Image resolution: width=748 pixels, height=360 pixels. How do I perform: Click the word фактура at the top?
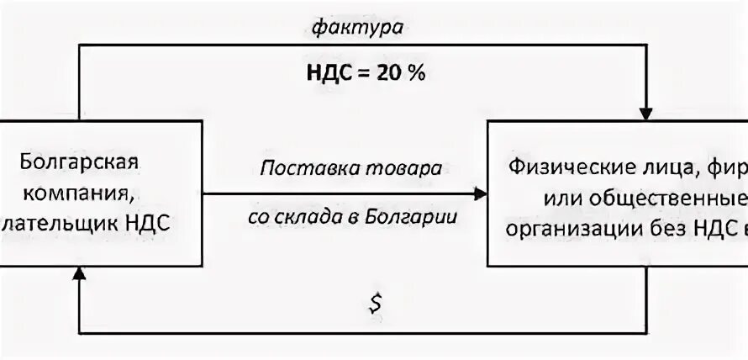pos(358,28)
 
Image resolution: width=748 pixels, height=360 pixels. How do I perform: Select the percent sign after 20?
pos(417,72)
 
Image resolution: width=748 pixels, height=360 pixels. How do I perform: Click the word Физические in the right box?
pos(567,166)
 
